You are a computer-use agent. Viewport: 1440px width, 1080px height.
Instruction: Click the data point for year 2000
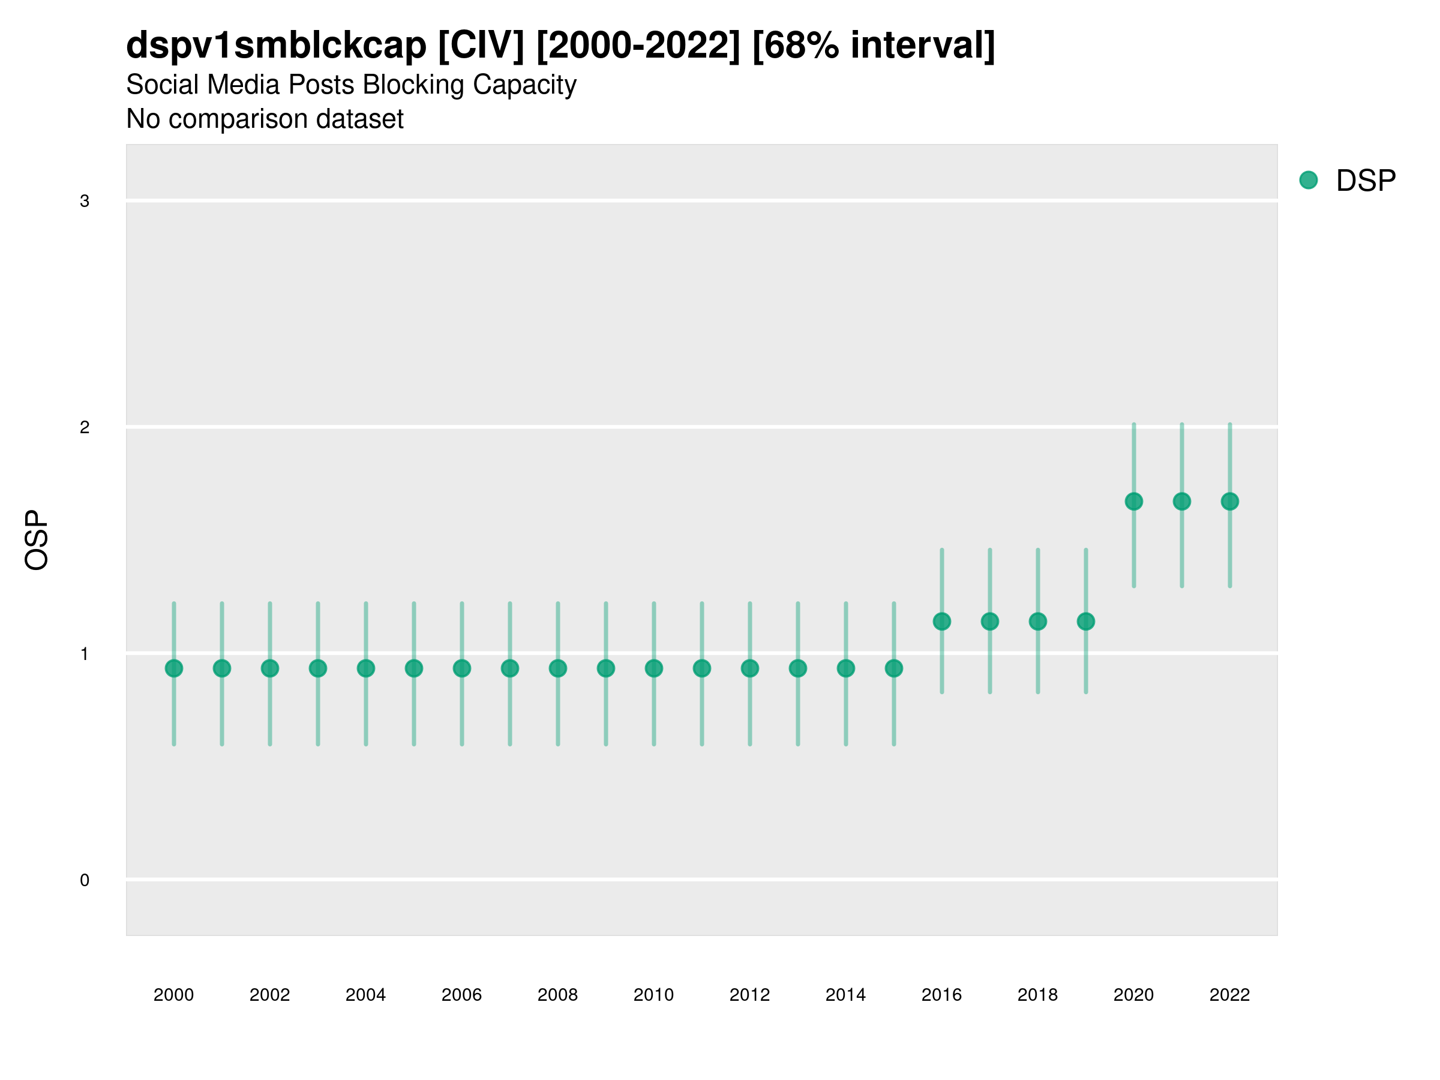[x=174, y=668]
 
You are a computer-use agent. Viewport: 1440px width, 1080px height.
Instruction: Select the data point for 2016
[x=941, y=621]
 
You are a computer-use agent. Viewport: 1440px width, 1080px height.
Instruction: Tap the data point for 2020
[x=1133, y=501]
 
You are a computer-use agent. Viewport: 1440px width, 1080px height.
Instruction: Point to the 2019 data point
[x=1085, y=621]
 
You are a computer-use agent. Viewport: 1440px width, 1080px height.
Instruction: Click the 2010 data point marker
[x=653, y=668]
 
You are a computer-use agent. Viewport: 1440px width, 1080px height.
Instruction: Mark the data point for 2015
[x=893, y=668]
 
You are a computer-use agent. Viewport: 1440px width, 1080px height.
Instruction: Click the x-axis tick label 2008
[x=557, y=995]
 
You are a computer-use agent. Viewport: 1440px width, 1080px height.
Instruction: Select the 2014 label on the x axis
[x=845, y=995]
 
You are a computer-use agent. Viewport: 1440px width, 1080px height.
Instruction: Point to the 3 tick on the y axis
[x=85, y=201]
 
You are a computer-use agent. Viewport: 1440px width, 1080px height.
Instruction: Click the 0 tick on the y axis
[x=85, y=880]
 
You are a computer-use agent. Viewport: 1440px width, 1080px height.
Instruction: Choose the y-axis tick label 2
[x=85, y=428]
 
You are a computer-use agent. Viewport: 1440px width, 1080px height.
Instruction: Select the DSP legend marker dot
[x=1308, y=181]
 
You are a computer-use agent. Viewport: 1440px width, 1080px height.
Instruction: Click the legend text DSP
[x=1366, y=181]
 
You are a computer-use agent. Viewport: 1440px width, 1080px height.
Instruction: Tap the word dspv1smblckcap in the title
[x=276, y=46]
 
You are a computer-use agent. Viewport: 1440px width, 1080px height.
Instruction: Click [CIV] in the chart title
[x=481, y=46]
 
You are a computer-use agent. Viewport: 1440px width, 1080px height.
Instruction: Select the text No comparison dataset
[x=265, y=119]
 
